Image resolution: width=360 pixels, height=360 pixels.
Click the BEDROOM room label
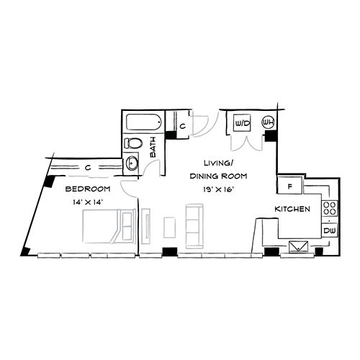88,189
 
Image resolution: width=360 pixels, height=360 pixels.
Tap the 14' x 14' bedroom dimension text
88,202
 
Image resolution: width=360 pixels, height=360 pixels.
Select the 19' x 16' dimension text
218,189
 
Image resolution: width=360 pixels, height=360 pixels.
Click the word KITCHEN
292,209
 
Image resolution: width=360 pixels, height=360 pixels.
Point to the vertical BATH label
153,147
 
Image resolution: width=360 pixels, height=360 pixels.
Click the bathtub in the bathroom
144,122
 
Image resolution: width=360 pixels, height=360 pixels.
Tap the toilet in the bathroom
133,143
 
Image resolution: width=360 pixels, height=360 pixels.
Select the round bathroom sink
132,163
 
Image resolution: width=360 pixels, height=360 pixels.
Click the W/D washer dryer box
243,123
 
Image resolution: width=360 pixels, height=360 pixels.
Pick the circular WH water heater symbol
268,122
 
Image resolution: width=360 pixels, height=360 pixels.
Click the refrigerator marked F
290,186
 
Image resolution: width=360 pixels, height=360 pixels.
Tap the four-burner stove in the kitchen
329,208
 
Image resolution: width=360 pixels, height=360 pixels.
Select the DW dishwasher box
329,230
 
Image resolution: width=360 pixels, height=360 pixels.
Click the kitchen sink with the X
298,246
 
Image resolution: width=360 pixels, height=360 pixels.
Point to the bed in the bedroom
109,226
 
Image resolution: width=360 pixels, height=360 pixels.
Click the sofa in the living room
194,226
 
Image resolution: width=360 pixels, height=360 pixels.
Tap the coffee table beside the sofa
169,228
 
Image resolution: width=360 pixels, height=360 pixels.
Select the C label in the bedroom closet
88,168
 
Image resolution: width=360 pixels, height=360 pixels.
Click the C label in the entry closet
183,126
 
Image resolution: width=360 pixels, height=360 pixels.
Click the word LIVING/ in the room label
218,163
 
